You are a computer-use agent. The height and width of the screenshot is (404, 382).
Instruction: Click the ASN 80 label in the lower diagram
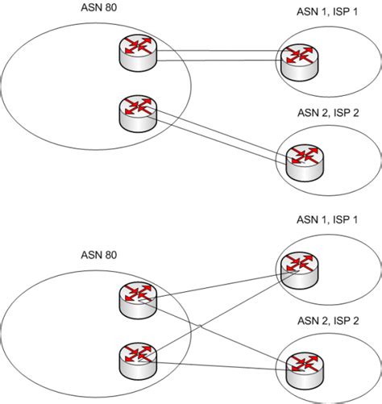(99, 255)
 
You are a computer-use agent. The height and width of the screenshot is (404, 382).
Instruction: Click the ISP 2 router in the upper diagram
(304, 155)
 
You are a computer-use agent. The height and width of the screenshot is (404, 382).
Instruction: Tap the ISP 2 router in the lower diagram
(303, 364)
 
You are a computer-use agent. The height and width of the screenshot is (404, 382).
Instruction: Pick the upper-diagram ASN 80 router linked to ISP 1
(135, 51)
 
